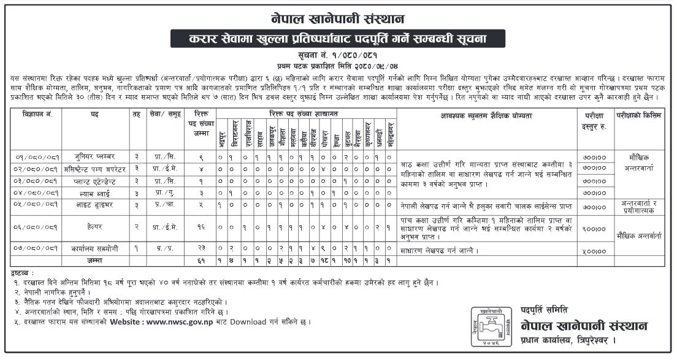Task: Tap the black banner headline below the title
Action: click(338, 39)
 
